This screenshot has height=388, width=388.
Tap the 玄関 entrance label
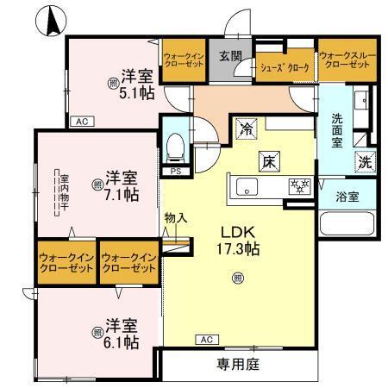pos(228,57)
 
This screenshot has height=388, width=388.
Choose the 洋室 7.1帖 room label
pos(116,185)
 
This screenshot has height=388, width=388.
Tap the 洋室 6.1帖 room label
pos(120,334)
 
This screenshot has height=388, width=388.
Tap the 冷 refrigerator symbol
pos(247,131)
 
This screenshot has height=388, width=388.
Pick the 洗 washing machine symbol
pos(364,161)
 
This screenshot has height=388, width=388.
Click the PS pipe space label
pos(175,171)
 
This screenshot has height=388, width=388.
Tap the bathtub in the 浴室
pos(348,226)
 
